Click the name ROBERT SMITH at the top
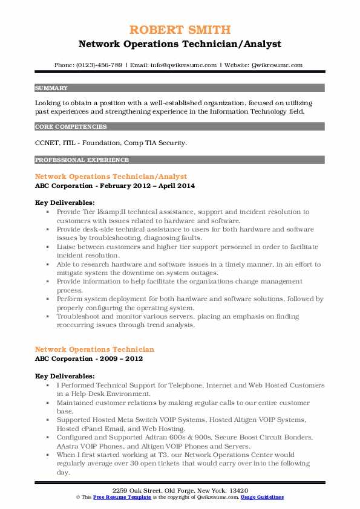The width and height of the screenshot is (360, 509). click(180, 30)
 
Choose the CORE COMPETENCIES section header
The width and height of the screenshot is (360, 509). click(71, 127)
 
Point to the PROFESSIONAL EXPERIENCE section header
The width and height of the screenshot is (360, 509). click(82, 160)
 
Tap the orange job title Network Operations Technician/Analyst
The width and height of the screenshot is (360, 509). click(111, 177)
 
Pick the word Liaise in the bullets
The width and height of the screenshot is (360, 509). click(68, 247)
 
